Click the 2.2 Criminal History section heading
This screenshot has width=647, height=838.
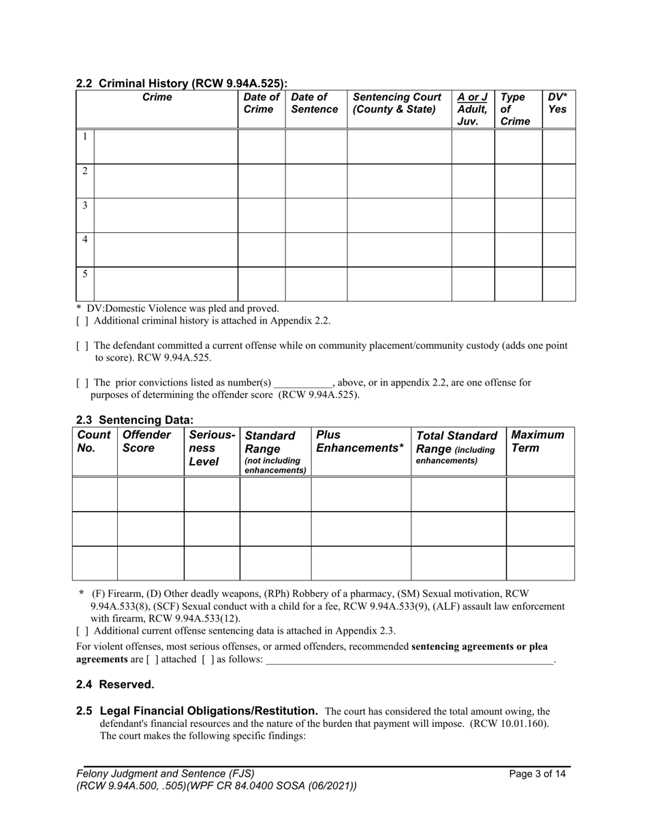pos(181,84)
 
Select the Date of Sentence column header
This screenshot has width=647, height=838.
pos(315,104)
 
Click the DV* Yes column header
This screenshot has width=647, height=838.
pos(558,104)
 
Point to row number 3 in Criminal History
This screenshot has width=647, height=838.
pos(84,206)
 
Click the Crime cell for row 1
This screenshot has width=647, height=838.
pos(165,146)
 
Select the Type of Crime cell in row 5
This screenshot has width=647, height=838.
pos(518,284)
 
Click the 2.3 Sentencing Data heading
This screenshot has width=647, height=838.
pos(135,420)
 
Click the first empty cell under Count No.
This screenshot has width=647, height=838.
pos(95,494)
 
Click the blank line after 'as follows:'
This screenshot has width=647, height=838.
pos(409,659)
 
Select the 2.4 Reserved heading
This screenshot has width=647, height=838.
pos(115,685)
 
